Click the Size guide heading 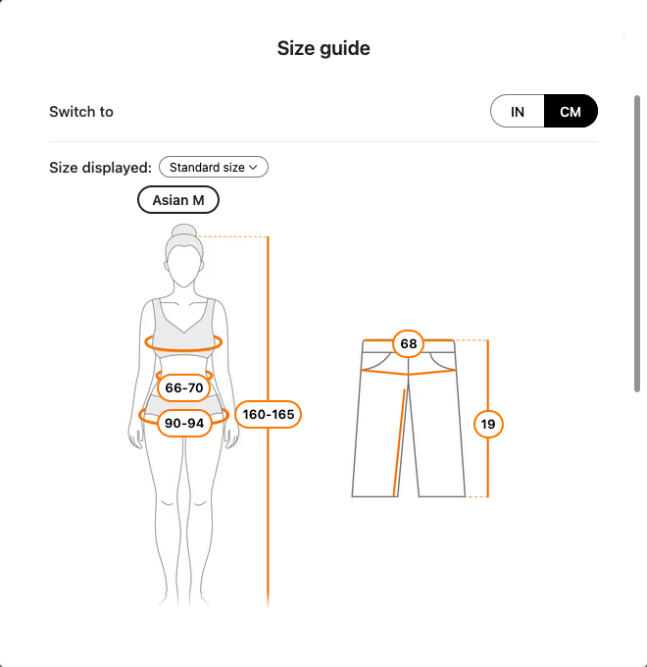323,48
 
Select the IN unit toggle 518,111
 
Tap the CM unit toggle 571,111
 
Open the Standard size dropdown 214,167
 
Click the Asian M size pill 178,199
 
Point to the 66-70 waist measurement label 184,387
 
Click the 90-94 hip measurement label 184,423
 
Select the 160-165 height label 269,414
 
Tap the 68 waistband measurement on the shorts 408,343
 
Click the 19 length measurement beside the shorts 488,424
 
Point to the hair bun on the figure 184,231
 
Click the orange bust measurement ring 183,349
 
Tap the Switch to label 81,112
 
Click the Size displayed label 100,167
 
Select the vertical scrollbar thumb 637,243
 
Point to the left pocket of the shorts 376,362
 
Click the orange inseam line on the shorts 399,442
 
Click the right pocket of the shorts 442,362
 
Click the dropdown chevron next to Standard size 253,167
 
